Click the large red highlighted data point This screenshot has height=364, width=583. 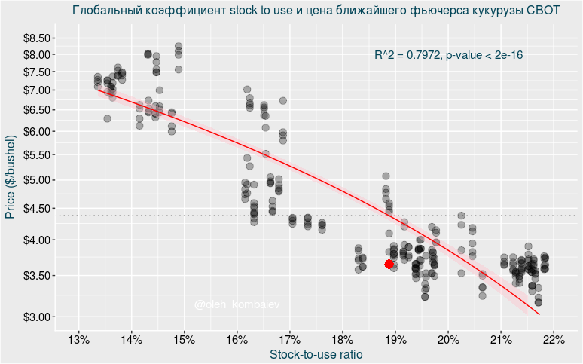tap(389, 264)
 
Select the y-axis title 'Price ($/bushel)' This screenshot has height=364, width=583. tap(11, 177)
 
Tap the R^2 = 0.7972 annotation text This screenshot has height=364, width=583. tap(449, 55)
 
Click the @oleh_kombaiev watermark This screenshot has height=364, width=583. tap(236, 304)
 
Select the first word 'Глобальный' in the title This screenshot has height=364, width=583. tap(105, 11)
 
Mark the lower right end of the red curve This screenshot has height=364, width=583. tap(539, 314)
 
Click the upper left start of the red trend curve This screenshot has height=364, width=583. tap(98, 90)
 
